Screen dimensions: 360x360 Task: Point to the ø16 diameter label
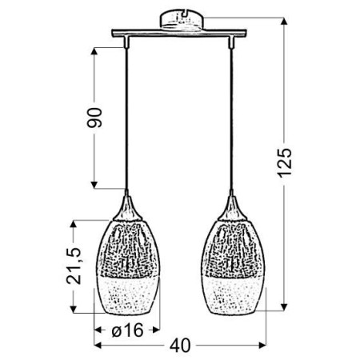(x=127, y=328)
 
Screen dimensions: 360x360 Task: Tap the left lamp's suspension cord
(x=127, y=120)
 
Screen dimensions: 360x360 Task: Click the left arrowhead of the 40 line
(x=98, y=346)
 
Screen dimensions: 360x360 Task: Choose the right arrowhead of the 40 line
(x=264, y=346)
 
